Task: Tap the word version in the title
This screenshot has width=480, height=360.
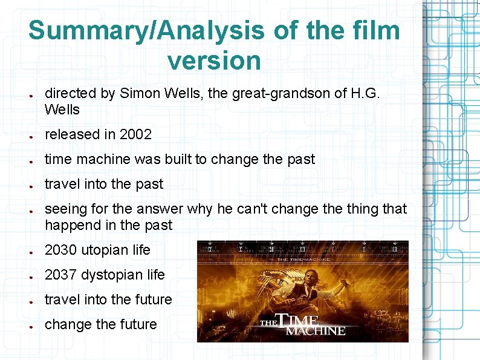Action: pyautogui.click(x=214, y=60)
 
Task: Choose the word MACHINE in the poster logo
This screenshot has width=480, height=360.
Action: pyautogui.click(x=315, y=331)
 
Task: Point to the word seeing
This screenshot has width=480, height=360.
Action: pyautogui.click(x=64, y=209)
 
